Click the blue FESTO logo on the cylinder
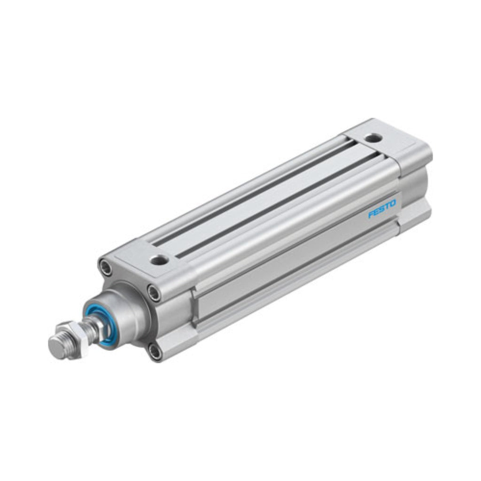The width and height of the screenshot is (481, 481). point(382,209)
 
